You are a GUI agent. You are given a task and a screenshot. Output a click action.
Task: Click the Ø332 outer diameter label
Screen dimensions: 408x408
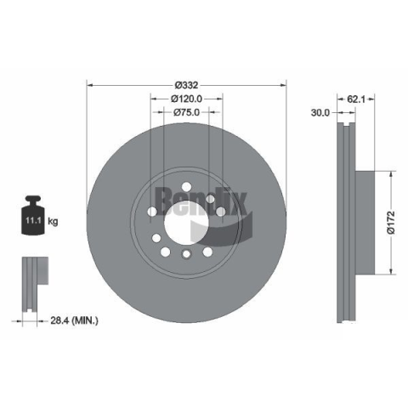[186, 85]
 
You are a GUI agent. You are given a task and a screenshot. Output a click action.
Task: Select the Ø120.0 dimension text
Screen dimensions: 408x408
[186, 99]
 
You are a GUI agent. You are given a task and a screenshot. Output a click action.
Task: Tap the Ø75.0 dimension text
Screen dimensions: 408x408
[186, 112]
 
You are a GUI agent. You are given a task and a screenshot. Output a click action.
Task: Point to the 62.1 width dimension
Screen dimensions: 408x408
[355, 99]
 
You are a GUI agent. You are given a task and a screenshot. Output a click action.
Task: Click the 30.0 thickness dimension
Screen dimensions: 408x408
[320, 113]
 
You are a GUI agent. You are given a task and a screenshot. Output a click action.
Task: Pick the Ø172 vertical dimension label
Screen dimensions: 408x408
[392, 223]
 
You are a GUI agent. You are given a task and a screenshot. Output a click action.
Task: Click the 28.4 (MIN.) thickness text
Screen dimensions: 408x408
[74, 320]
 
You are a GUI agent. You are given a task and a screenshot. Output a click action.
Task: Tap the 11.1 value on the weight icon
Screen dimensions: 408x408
[33, 220]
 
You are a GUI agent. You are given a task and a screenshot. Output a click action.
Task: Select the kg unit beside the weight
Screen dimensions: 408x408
[53, 221]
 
